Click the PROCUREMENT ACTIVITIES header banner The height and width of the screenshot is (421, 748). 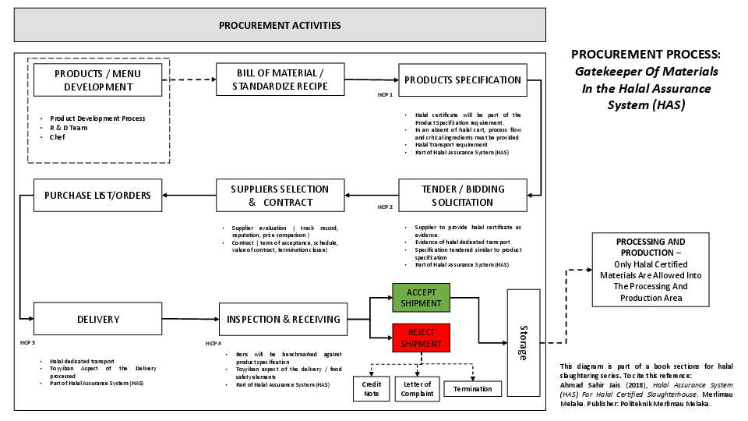(280, 26)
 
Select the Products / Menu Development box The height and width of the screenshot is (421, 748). (98, 80)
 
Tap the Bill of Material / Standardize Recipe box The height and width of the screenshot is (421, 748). (280, 80)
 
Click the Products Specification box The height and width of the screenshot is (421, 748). (462, 80)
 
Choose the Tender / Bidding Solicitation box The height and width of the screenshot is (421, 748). (462, 196)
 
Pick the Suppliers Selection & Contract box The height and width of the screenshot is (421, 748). (280, 196)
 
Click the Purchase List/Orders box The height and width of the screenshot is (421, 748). (98, 195)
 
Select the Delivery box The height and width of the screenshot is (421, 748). (98, 319)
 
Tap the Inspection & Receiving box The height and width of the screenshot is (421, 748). (283, 319)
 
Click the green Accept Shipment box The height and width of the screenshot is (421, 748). (421, 298)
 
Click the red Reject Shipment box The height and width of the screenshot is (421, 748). (421, 338)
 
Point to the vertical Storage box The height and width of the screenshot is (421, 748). (523, 342)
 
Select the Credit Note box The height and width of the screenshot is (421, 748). (372, 388)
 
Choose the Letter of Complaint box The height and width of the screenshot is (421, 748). (418, 388)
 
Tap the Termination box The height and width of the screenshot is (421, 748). (472, 388)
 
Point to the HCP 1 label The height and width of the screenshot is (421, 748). (385, 94)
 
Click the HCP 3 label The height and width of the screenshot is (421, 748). (28, 342)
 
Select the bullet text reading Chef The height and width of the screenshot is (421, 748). (58, 137)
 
